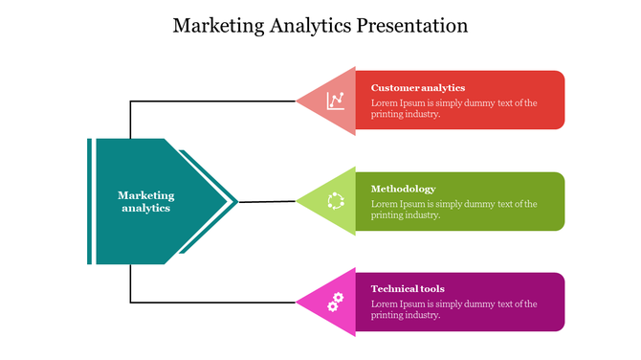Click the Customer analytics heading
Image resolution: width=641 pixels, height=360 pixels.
click(417, 87)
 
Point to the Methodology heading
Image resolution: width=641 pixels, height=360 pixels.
click(403, 189)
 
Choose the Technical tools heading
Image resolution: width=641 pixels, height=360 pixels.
click(408, 288)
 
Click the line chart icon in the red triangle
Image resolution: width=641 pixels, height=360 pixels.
click(336, 100)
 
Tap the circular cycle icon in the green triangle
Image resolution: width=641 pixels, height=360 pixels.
click(336, 201)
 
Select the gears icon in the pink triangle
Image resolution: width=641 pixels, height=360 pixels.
click(335, 303)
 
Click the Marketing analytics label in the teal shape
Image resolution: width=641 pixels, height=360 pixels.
click(146, 201)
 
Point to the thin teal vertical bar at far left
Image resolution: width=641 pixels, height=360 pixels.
click(89, 201)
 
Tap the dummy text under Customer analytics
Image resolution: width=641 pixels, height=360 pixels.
click(453, 108)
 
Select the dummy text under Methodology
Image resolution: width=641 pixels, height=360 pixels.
click(453, 210)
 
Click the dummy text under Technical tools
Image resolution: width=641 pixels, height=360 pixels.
click(453, 309)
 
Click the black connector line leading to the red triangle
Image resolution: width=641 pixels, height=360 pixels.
click(210, 101)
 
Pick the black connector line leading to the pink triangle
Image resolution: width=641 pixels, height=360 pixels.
click(210, 303)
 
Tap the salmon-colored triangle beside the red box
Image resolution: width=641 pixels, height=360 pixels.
click(320, 100)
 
